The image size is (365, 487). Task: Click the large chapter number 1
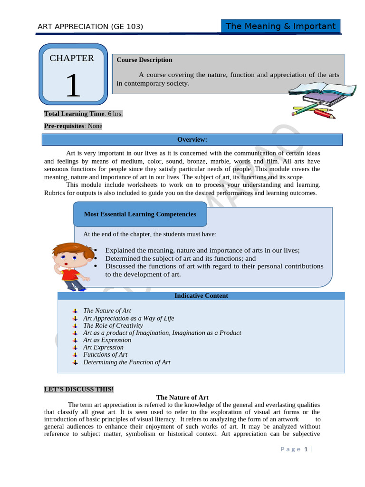click(x=73, y=86)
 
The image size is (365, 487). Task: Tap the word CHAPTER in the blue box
click(x=72, y=58)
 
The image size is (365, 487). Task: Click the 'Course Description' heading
click(x=144, y=60)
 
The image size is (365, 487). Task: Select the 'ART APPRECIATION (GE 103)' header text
click(x=90, y=27)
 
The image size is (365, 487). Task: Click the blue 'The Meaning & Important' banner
click(x=280, y=26)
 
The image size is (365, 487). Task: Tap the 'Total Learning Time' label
click(x=73, y=114)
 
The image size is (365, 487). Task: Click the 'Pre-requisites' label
click(x=64, y=126)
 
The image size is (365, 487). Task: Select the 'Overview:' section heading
click(x=192, y=139)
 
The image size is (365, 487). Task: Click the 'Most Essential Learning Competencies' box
click(x=140, y=214)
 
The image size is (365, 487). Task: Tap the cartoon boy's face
click(x=71, y=259)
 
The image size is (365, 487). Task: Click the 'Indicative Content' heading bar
click(x=201, y=296)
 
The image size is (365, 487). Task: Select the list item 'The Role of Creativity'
click(x=113, y=325)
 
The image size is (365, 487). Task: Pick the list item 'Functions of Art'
click(x=106, y=354)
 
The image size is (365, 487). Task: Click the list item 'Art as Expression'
click(x=107, y=340)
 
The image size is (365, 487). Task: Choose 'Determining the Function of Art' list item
click(x=127, y=362)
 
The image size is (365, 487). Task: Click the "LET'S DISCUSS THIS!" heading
click(x=79, y=390)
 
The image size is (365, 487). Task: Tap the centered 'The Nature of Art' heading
click(x=182, y=397)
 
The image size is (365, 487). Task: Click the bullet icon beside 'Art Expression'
click(x=75, y=347)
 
